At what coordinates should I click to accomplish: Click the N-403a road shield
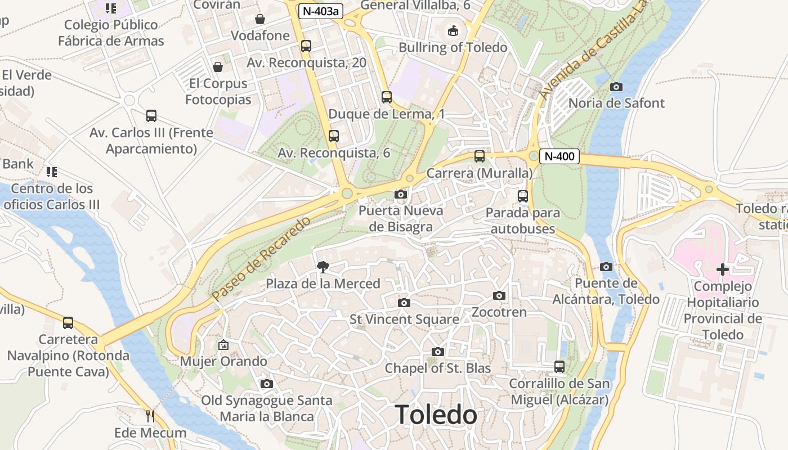pos(321,11)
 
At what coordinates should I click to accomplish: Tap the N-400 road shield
pos(559,156)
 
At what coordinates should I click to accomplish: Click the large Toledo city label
pos(436,415)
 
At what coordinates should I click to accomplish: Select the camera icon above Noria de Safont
pos(616,87)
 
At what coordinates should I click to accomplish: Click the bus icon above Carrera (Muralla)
pos(480,156)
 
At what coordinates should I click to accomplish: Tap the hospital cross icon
pos(723,269)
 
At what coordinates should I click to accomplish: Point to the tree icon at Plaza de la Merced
pos(323,267)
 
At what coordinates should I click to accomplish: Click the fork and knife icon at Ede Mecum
pos(150,416)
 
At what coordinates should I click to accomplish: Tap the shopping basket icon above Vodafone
pos(260,19)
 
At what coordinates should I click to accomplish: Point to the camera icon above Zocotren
pos(499,296)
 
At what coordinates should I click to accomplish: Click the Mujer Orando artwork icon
pos(223,345)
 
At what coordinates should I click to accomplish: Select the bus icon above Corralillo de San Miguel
pos(559,367)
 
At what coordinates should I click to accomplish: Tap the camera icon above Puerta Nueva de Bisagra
pos(401,195)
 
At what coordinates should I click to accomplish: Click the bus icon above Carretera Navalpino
pos(68,323)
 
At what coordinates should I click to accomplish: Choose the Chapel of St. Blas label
pos(438,368)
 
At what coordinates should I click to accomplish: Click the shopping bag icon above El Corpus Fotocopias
pos(218,67)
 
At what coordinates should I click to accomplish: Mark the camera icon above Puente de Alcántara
pos(606,267)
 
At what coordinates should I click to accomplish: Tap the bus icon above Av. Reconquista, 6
pos(334,136)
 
